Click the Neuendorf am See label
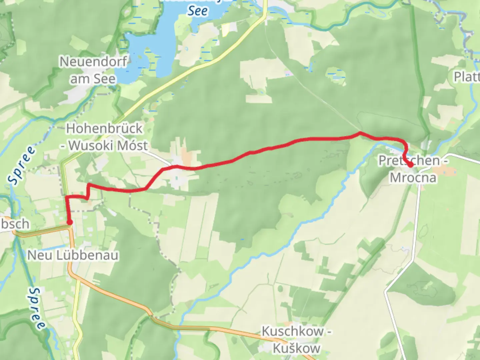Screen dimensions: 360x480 93,70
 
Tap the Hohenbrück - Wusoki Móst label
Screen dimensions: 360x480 104,137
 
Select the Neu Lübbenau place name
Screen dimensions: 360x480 73,255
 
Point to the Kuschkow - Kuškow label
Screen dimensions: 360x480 296,340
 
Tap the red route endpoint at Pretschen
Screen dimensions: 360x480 411,164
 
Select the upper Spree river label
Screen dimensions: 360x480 22,165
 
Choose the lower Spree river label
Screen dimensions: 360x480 36,308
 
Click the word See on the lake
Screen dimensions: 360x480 198,11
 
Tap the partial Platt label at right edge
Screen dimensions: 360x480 467,77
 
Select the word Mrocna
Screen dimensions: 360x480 413,178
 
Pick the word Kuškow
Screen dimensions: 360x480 297,348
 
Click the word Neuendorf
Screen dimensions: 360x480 93,62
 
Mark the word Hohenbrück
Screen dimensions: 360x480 104,128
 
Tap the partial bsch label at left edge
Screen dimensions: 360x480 15,224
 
